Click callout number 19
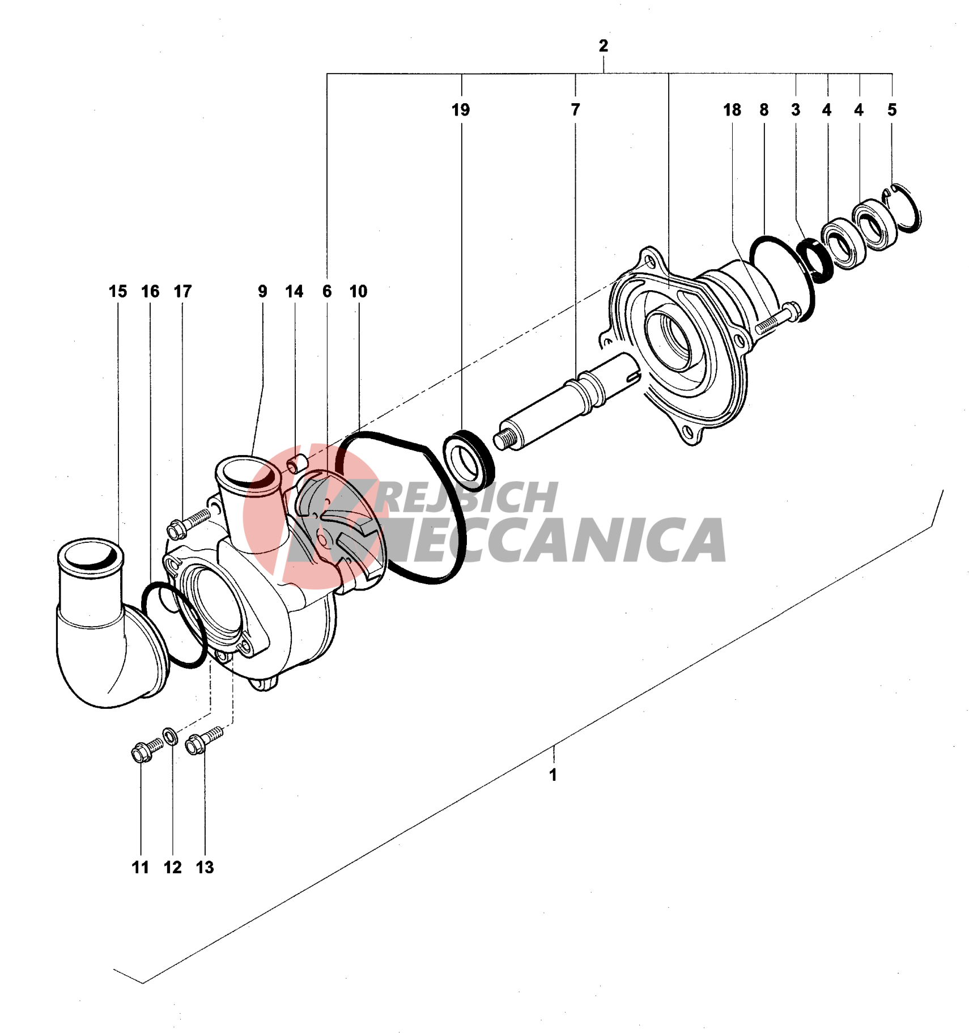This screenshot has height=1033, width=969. tap(460, 110)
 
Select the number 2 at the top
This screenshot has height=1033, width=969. tap(603, 46)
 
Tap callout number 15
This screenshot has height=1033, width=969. tap(118, 291)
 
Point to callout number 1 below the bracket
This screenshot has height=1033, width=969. tap(553, 775)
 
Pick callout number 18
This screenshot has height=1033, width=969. tap(732, 110)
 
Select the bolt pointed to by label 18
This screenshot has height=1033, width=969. tap(776, 318)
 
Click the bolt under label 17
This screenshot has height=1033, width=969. tap(187, 523)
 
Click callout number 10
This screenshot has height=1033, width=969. tap(358, 291)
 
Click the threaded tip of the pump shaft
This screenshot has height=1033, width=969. tap(501, 439)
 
